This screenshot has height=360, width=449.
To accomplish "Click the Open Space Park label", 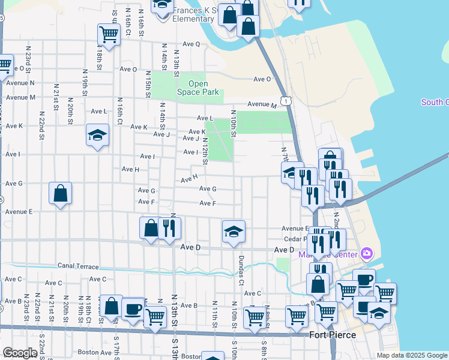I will coord(198,88).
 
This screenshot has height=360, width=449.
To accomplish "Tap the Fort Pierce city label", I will coord(333,335).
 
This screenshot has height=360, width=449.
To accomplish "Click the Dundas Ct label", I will coord(241,269).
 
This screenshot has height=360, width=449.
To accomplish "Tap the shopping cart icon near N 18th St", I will coord(109,34).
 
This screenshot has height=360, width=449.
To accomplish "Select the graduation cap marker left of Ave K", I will coord(97,134).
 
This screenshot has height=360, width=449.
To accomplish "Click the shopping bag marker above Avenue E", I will coord(60,193).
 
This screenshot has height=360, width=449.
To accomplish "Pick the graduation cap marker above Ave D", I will coord(234,232).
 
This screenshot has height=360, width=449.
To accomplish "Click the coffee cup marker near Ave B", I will coord(132,308).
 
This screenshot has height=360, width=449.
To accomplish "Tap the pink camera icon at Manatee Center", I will coord(367,254).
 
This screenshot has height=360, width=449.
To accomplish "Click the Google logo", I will coord(20,353).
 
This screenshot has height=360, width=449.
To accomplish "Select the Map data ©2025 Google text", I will coord(411,355).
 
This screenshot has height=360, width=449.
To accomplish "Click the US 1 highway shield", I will coord(288,102).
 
